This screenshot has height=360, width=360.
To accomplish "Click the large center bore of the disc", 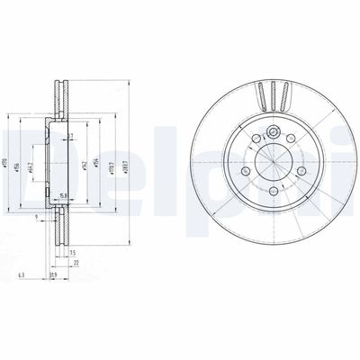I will [x=272, y=160].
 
